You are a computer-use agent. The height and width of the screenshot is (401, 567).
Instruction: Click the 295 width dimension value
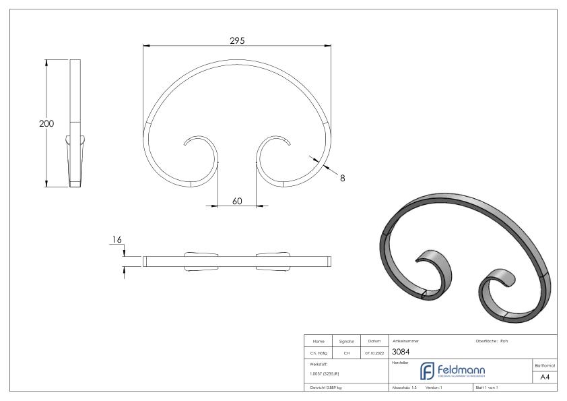236,40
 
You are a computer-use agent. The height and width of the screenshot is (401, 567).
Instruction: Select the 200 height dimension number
46,123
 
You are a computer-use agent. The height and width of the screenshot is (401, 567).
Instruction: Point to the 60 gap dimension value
237,201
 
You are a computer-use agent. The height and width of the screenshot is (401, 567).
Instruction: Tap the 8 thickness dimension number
342,178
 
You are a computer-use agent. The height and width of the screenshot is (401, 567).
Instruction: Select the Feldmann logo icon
426,371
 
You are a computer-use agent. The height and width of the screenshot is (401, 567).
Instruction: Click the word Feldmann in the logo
464,369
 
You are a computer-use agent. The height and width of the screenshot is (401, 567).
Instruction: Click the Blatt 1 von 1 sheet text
488,388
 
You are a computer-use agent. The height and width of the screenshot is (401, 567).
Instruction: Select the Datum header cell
374,341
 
